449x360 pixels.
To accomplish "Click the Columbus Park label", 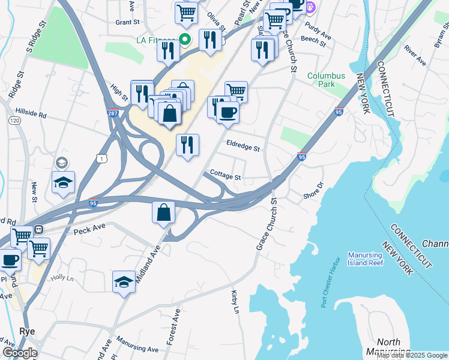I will pos(326,80).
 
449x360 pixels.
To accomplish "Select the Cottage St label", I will pos(225,178).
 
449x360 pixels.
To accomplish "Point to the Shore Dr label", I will pos(313,191).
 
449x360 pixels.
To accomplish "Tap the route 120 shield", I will pos(13,120).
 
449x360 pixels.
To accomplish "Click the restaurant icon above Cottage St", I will pos(187,145).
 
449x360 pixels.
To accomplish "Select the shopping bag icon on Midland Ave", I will pos(164,212).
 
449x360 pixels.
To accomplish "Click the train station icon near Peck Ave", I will pos(38,229).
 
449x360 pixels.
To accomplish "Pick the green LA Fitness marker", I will pos(185,40).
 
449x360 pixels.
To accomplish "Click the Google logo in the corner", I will pos(20,353).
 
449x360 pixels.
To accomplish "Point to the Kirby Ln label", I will pos(235,302).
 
